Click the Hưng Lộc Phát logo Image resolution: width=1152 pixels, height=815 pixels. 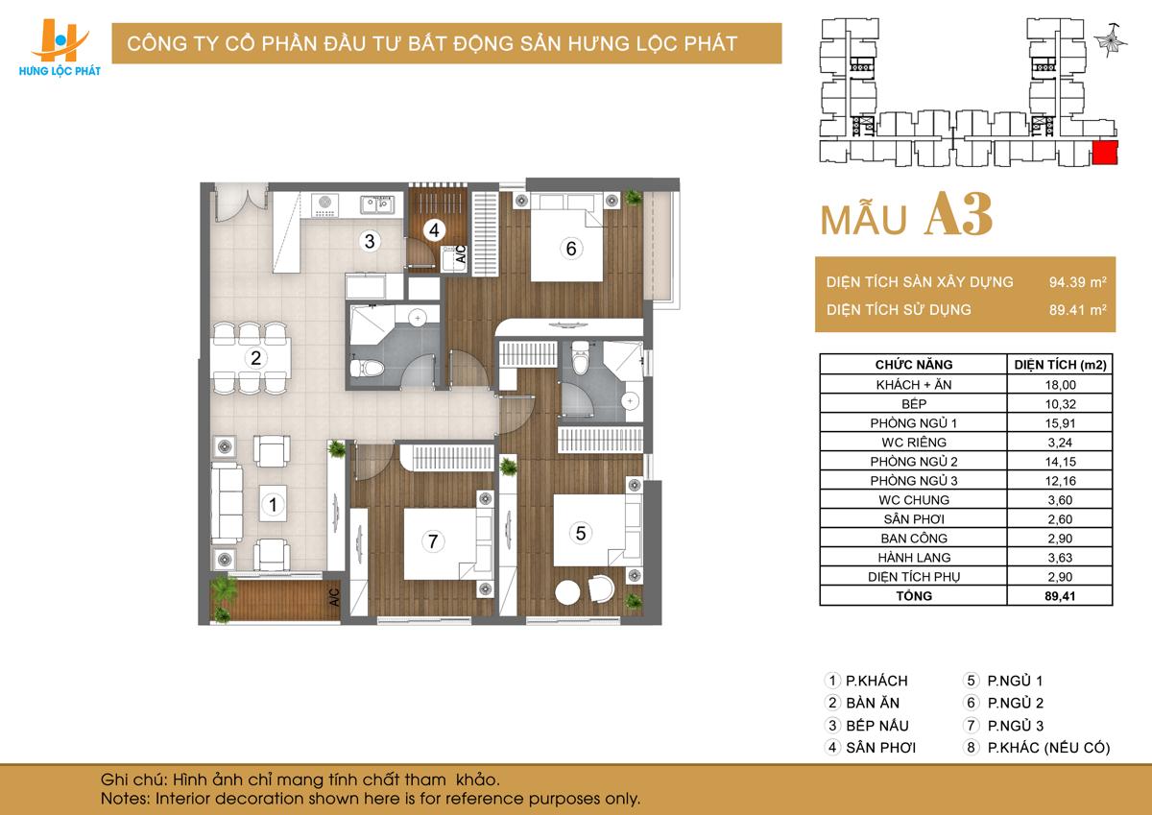(60, 48)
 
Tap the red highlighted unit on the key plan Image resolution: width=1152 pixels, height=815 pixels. (1105, 153)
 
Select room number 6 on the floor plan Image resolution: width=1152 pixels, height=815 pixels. (571, 249)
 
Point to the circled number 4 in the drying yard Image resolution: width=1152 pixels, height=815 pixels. (434, 230)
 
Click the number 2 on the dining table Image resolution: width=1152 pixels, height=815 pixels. (255, 357)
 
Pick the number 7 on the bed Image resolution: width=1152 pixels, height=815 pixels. (433, 541)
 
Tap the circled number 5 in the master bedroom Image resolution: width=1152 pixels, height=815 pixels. (581, 533)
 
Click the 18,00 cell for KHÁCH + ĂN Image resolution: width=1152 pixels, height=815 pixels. (1060, 385)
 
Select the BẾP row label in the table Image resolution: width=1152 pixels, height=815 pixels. (914, 403)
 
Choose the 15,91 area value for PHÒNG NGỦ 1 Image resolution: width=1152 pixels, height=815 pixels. (1060, 423)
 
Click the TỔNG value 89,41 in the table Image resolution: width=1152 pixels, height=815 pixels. (1060, 596)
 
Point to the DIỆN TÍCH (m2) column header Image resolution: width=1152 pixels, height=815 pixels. (1060, 365)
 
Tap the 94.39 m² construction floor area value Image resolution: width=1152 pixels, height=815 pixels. (1077, 282)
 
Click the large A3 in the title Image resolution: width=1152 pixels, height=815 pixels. (959, 215)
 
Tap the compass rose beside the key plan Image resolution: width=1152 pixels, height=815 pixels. (1111, 40)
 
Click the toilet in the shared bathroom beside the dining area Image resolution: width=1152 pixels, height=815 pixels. (367, 368)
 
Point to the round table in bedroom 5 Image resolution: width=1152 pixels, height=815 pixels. (567, 593)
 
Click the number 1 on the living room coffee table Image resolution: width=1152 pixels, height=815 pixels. (273, 504)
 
